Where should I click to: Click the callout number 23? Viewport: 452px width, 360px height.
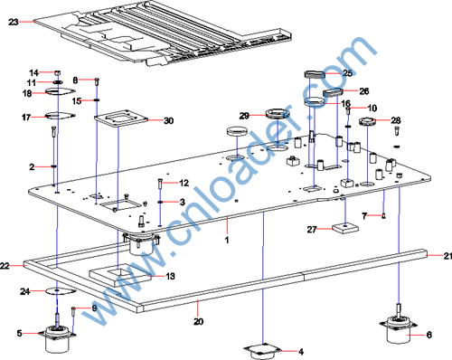pos(14,22)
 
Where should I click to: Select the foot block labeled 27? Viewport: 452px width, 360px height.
pos(345,228)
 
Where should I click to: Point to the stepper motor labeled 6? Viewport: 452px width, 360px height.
pos(399,328)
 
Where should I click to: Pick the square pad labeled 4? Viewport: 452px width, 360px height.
pos(263,352)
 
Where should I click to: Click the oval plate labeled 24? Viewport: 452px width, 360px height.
pos(61,291)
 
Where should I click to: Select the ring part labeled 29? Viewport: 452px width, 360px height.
pos(278,114)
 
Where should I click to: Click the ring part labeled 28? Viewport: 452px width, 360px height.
pos(367,121)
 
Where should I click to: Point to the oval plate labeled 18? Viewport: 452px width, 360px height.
pos(61,90)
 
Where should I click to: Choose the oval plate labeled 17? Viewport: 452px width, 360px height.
pos(61,115)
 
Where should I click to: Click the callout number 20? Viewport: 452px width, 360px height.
pos(198,321)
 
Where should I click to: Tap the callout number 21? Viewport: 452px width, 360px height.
pos(447,256)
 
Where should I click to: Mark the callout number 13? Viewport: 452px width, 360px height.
pos(170,276)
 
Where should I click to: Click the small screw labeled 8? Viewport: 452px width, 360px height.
pos(97,81)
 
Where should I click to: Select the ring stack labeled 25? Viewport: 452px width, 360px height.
pos(315,74)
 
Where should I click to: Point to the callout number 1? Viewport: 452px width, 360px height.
pos(227,240)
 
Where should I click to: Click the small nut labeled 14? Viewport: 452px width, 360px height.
pos(58,72)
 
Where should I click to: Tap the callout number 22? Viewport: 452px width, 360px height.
pos(5,266)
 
